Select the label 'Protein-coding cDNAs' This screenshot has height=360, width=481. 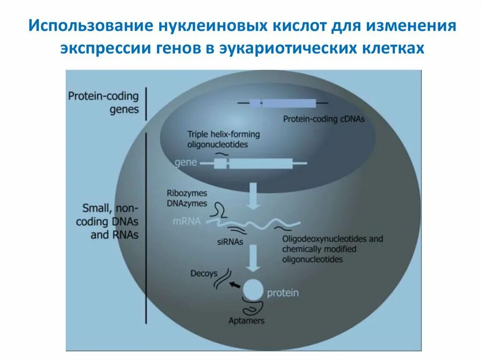coord(324,119)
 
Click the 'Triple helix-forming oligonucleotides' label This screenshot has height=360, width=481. coord(223,139)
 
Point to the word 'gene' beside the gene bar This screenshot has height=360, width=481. coord(185,163)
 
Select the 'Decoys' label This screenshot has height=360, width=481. coord(203,274)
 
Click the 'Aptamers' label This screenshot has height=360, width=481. coord(246,321)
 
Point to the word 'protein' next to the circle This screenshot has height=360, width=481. coord(283,293)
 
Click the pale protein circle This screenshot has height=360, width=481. coord(253,290)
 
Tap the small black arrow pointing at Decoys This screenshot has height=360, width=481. coord(234,284)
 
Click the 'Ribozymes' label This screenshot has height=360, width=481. coord(186,193)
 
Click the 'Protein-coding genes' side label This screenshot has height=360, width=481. coord(104,102)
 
